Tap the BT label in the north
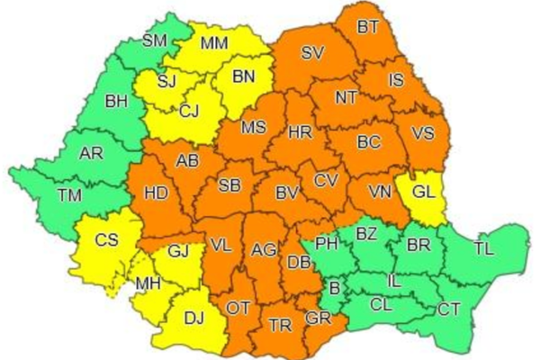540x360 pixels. (367, 27)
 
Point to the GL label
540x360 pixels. (426, 191)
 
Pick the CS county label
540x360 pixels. (106, 240)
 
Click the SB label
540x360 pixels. (230, 185)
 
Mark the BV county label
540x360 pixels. (286, 192)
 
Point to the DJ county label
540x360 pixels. (193, 316)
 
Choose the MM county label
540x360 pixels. (214, 42)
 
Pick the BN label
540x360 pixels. (245, 76)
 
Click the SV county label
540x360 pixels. (312, 53)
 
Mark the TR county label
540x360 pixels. (281, 327)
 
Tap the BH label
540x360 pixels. (116, 102)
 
